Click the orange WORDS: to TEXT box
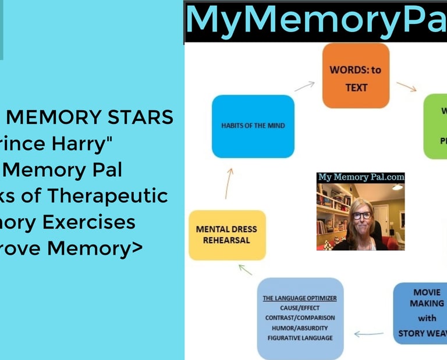[x=356, y=76]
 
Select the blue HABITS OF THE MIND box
[x=253, y=126]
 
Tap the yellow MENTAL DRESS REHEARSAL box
[x=227, y=235]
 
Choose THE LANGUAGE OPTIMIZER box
[x=300, y=318]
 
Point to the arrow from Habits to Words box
[x=304, y=86]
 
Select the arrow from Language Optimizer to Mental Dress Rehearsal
[x=246, y=269]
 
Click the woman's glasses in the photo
[x=361, y=215]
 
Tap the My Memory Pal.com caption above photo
[x=361, y=177]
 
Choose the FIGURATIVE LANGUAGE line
[x=300, y=337]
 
